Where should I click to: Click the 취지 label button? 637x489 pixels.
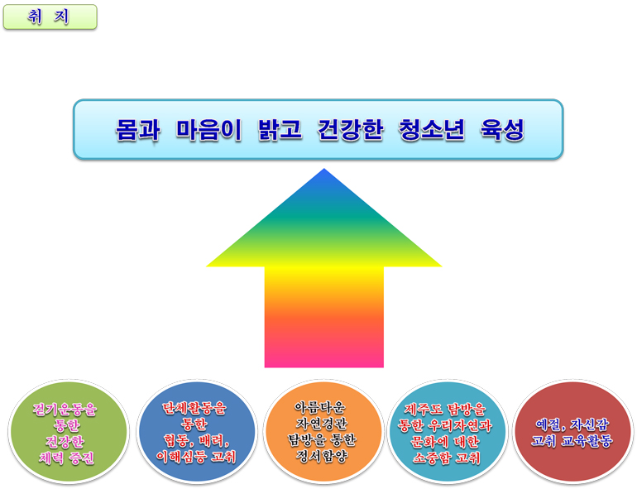coord(50,17)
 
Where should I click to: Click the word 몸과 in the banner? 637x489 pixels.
coord(137,130)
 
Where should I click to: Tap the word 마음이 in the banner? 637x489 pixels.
coord(208,130)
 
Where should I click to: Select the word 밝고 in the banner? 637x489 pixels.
coord(280,130)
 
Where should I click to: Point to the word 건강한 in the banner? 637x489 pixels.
coord(350,130)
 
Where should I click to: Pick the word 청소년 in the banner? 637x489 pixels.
coord(432,130)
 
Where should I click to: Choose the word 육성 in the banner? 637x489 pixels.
coord(502,130)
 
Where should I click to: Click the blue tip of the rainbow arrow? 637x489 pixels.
coord(323,169)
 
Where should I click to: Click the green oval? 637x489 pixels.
coord(68,432)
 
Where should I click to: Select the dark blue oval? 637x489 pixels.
coord(197,432)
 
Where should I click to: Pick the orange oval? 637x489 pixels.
coord(323,432)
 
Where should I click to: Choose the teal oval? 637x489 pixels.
coord(448,432)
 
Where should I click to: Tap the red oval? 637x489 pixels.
coord(573,432)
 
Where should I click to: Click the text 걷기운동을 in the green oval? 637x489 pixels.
coord(65,409)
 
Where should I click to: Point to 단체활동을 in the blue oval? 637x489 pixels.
coord(194,408)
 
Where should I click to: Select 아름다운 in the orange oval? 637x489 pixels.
coord(320,407)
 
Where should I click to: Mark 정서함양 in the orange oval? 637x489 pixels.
coord(322,456)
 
